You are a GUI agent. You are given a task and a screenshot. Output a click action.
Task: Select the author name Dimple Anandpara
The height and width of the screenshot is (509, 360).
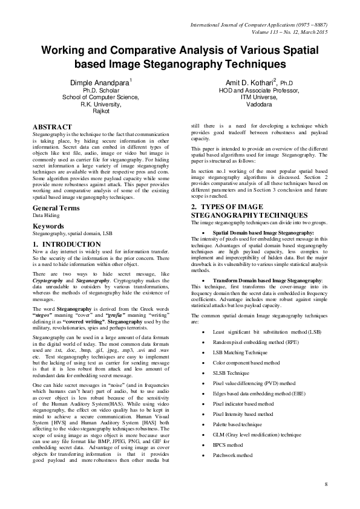(x=97, y=80)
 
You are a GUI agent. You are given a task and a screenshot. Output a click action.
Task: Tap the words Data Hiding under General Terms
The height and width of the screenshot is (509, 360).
(x=46, y=215)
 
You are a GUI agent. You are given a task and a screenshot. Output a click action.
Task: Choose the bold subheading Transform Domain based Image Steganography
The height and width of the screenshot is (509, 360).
(x=268, y=280)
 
